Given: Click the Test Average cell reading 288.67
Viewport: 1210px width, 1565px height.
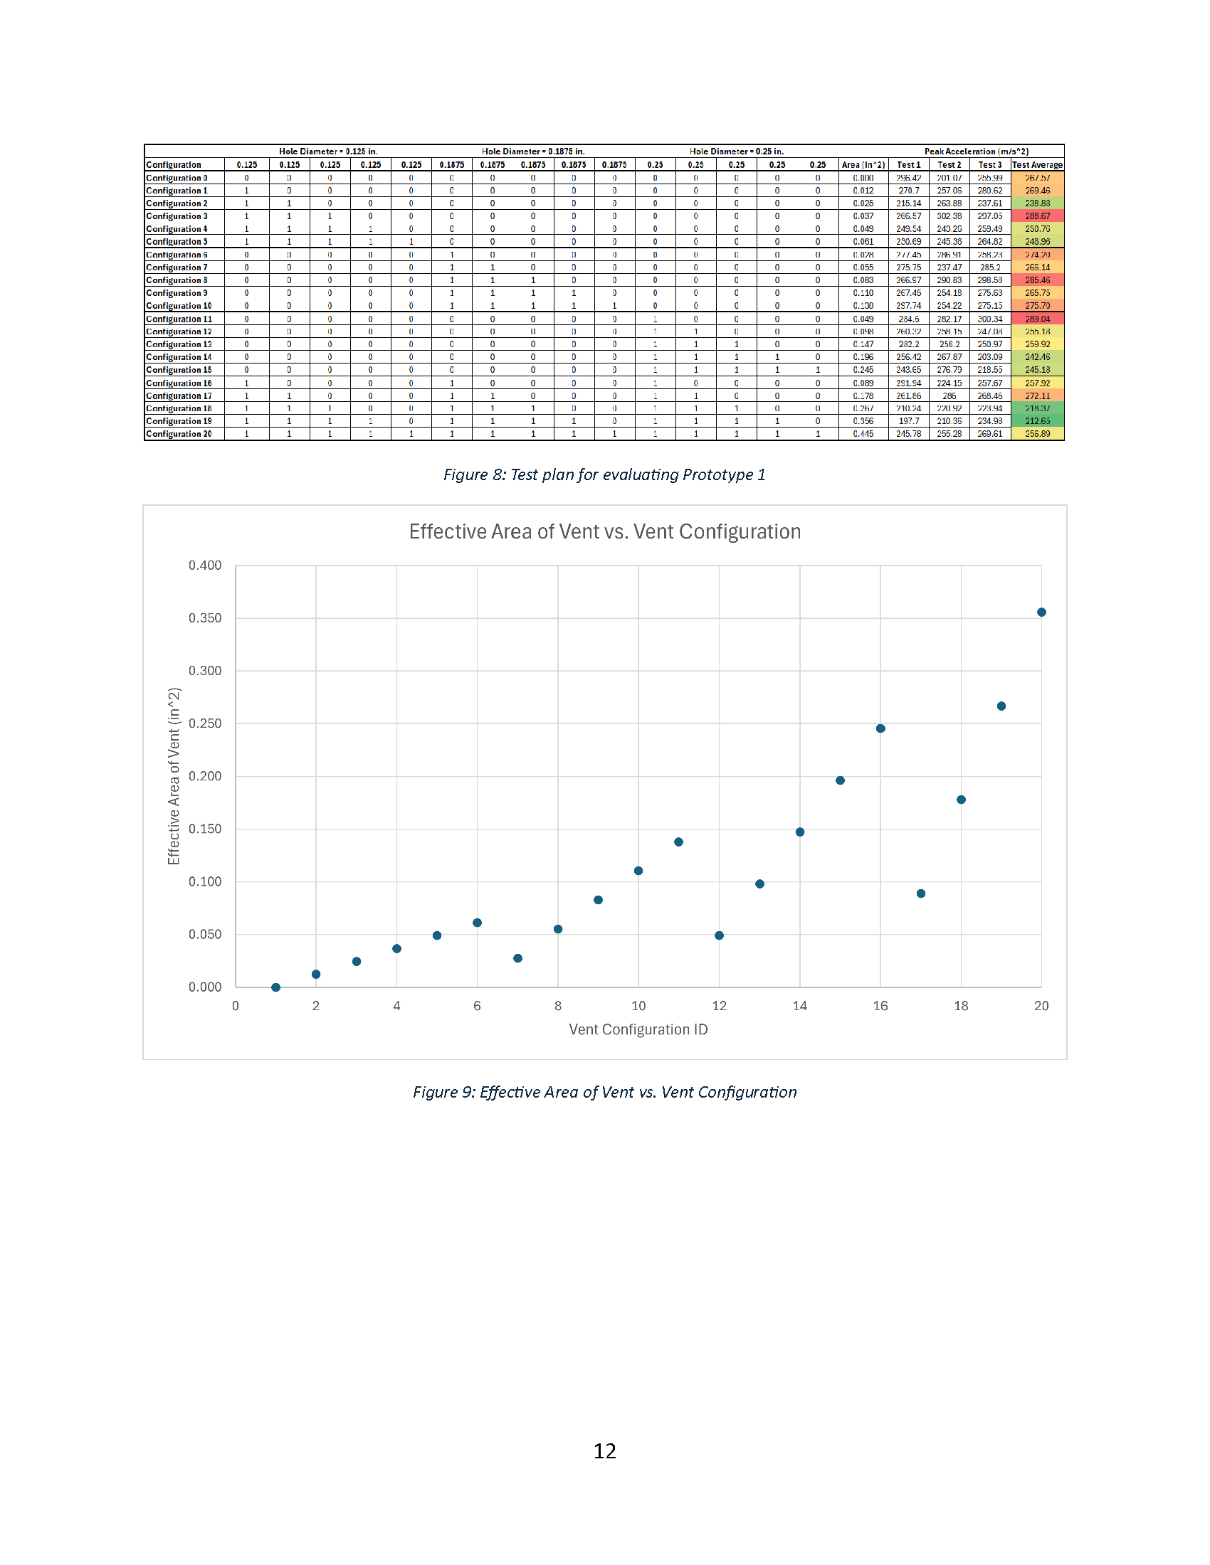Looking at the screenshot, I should (x=1036, y=216).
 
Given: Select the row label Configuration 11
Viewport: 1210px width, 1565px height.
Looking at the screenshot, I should (x=179, y=319).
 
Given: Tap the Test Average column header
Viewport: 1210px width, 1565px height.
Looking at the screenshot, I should (x=1036, y=165).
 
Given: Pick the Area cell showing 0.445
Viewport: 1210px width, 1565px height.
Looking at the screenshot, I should (x=863, y=434).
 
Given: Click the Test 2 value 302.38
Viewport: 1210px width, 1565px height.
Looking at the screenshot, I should (x=949, y=216).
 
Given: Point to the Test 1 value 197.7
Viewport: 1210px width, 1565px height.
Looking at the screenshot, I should (x=908, y=421).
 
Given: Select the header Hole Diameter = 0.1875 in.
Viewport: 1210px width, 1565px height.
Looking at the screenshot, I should (x=532, y=152).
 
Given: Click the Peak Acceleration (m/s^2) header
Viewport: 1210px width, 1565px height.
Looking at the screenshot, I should (x=976, y=152).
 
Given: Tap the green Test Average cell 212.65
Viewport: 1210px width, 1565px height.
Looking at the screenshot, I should (x=1036, y=421).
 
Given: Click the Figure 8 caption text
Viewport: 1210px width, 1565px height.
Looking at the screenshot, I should (x=604, y=474).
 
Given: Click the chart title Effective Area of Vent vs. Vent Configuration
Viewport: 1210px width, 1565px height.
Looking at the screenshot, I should (x=604, y=531).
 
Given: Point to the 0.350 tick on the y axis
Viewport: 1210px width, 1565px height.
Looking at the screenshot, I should (x=205, y=618).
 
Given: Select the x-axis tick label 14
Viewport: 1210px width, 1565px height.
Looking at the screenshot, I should (x=799, y=1006).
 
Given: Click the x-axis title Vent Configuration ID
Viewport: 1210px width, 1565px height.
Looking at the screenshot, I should (x=638, y=1030).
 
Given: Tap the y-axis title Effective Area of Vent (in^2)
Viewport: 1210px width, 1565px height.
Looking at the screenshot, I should (x=174, y=776).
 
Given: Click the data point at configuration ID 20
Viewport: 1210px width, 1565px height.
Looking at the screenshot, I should (x=1041, y=612).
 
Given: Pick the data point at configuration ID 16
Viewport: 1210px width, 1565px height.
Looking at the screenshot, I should (x=880, y=728).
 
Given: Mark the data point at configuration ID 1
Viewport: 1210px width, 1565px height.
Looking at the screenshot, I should (x=276, y=987).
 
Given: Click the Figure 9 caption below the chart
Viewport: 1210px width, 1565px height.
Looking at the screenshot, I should (x=604, y=1092).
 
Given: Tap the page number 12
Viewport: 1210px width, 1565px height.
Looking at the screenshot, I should (x=604, y=1451).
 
